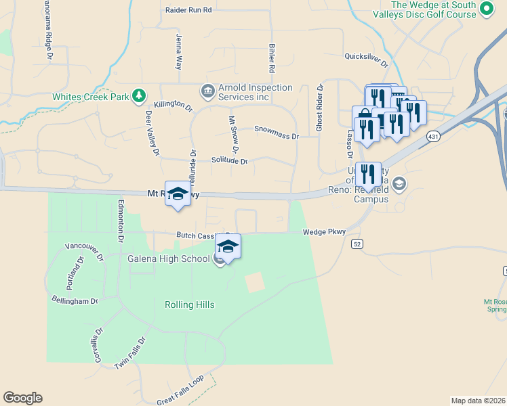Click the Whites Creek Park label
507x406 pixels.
click(x=91, y=97)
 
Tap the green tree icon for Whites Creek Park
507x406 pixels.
click(x=139, y=95)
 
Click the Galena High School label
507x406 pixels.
click(x=168, y=258)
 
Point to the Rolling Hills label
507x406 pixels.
click(x=190, y=305)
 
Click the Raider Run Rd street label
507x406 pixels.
click(x=189, y=10)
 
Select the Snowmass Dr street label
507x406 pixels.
click(x=277, y=132)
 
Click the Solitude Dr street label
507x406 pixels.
click(x=229, y=161)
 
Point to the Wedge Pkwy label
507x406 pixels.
click(x=324, y=232)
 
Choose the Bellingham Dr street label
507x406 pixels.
click(x=75, y=300)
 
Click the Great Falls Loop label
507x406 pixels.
click(x=180, y=391)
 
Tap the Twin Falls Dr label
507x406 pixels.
click(x=130, y=354)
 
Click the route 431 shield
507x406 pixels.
click(x=432, y=137)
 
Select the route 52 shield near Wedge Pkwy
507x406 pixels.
click(x=357, y=243)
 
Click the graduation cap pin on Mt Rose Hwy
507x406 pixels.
click(x=178, y=194)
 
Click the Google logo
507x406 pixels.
click(x=22, y=398)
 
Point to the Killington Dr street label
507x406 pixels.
click(x=174, y=106)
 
